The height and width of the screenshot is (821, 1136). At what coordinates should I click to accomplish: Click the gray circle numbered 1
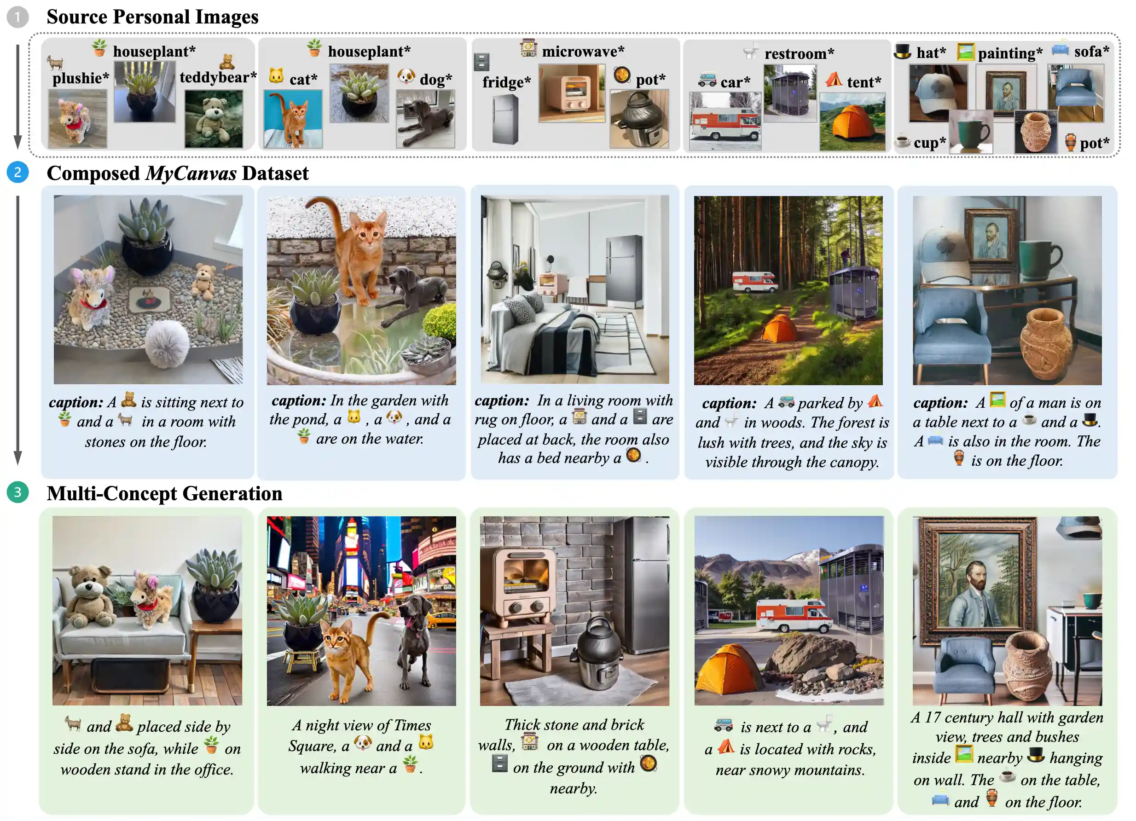17,17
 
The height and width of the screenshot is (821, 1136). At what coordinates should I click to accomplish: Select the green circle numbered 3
17,493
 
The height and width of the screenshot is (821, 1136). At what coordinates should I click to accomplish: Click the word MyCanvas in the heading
191,174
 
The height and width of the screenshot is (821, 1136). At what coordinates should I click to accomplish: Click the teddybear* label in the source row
218,78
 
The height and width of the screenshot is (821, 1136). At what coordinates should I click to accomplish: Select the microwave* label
583,51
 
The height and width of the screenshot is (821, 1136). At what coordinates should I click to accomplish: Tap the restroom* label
799,53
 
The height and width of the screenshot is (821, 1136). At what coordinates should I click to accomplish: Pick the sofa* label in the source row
1091,51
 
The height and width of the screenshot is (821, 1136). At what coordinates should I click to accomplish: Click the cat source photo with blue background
293,119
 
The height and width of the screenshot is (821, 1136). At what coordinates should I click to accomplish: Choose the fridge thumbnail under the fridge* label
505,120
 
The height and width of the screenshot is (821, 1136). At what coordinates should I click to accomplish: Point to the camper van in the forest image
755,281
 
